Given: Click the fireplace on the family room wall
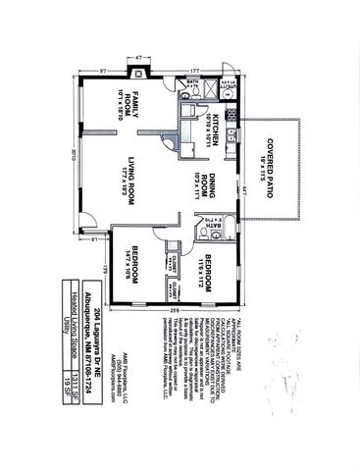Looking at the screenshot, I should [139, 71].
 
